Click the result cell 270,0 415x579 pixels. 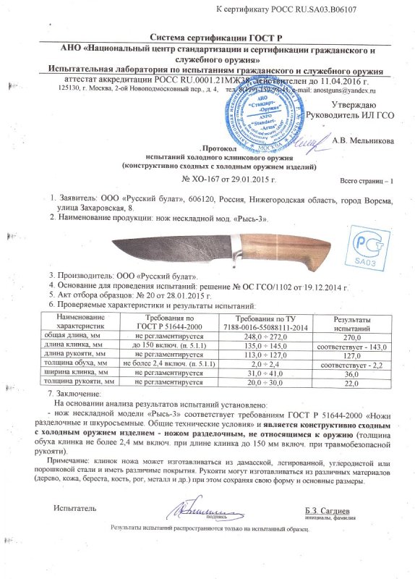(351, 337)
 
